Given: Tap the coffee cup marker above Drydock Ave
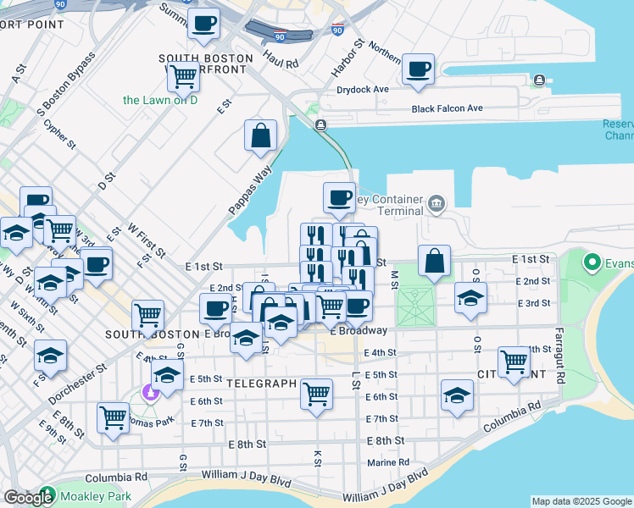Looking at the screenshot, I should click(417, 69).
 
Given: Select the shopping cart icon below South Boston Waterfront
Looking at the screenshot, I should click(183, 76).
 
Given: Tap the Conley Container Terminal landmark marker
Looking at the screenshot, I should click(436, 202).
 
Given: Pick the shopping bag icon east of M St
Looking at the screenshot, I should click(434, 261).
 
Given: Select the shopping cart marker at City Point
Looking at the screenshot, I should click(514, 361).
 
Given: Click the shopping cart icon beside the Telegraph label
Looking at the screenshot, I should click(316, 393).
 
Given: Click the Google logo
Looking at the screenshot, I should click(28, 498).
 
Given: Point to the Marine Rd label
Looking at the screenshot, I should click(388, 462).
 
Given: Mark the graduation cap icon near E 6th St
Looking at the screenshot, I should click(457, 395).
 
